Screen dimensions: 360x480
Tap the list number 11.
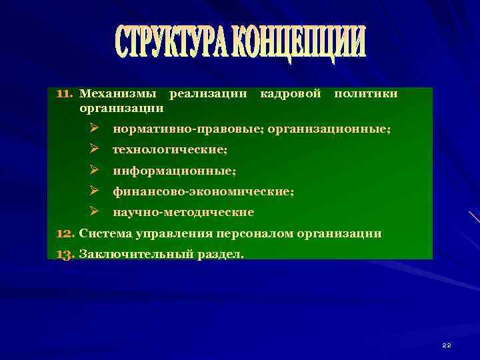(x=65, y=94)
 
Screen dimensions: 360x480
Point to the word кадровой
(x=290, y=94)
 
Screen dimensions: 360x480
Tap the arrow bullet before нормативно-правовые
(x=95, y=127)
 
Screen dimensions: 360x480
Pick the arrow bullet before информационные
(x=95, y=170)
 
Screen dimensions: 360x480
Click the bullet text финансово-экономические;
(x=203, y=191)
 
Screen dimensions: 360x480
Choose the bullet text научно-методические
(x=183, y=213)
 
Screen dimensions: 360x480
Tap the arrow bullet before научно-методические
(x=95, y=213)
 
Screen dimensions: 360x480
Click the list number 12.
(x=65, y=233)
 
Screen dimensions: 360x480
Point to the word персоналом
(x=249, y=233)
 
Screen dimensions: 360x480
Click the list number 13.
(x=65, y=254)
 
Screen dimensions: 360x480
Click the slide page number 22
(x=447, y=345)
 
